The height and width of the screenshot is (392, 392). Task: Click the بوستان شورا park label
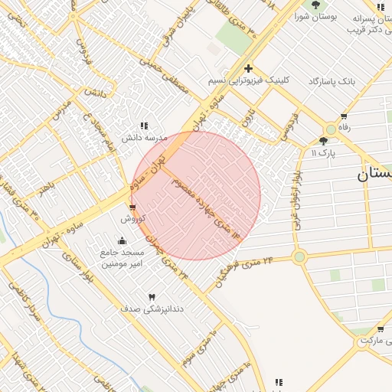pos(316,17)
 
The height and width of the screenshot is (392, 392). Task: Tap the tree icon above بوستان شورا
pos(315,5)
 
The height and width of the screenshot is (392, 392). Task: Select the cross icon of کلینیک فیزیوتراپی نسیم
pos(248,68)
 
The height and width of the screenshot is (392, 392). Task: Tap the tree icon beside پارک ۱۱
pos(323,141)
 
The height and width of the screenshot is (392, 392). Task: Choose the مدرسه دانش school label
pos(145,138)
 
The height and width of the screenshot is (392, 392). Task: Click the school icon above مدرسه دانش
pos(144,126)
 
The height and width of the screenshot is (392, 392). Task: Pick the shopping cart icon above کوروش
pos(132,207)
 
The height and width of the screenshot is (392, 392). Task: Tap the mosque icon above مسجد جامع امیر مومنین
pos(122,240)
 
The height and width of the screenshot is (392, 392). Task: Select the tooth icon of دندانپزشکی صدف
pos(151,296)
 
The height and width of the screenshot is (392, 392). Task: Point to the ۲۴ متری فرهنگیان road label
pos(245,270)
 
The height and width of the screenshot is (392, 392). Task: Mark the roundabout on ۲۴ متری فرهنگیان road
pos(299,256)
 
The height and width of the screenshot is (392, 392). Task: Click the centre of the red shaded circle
pos(196,195)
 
